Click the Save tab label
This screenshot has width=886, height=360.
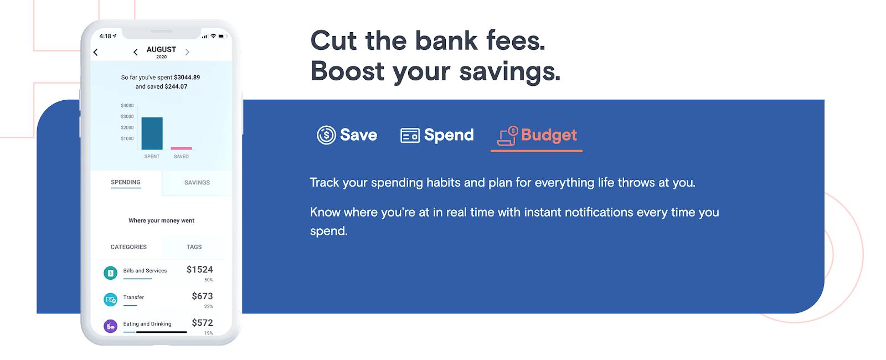click(358, 135)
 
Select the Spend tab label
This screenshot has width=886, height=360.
click(449, 135)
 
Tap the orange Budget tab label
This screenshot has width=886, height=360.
click(549, 135)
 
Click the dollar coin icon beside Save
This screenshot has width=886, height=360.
click(326, 135)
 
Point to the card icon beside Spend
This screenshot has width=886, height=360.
click(410, 135)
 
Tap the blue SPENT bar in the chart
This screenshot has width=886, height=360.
click(152, 133)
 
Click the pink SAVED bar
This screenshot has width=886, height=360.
click(181, 148)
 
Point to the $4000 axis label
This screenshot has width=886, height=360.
click(127, 106)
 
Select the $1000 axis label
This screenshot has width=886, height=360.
click(127, 139)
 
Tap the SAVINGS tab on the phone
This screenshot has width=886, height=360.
click(197, 182)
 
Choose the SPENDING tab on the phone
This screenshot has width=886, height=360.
click(125, 182)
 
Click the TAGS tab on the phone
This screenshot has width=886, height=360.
click(194, 247)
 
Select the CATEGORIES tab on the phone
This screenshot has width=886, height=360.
click(128, 247)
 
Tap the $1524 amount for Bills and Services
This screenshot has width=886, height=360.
click(200, 270)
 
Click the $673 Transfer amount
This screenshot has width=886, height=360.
click(203, 296)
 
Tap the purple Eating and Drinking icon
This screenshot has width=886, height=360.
click(110, 326)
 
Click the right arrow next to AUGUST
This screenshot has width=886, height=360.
click(188, 52)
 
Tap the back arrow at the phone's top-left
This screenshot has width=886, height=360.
click(96, 52)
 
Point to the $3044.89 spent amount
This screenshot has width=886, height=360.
click(187, 78)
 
